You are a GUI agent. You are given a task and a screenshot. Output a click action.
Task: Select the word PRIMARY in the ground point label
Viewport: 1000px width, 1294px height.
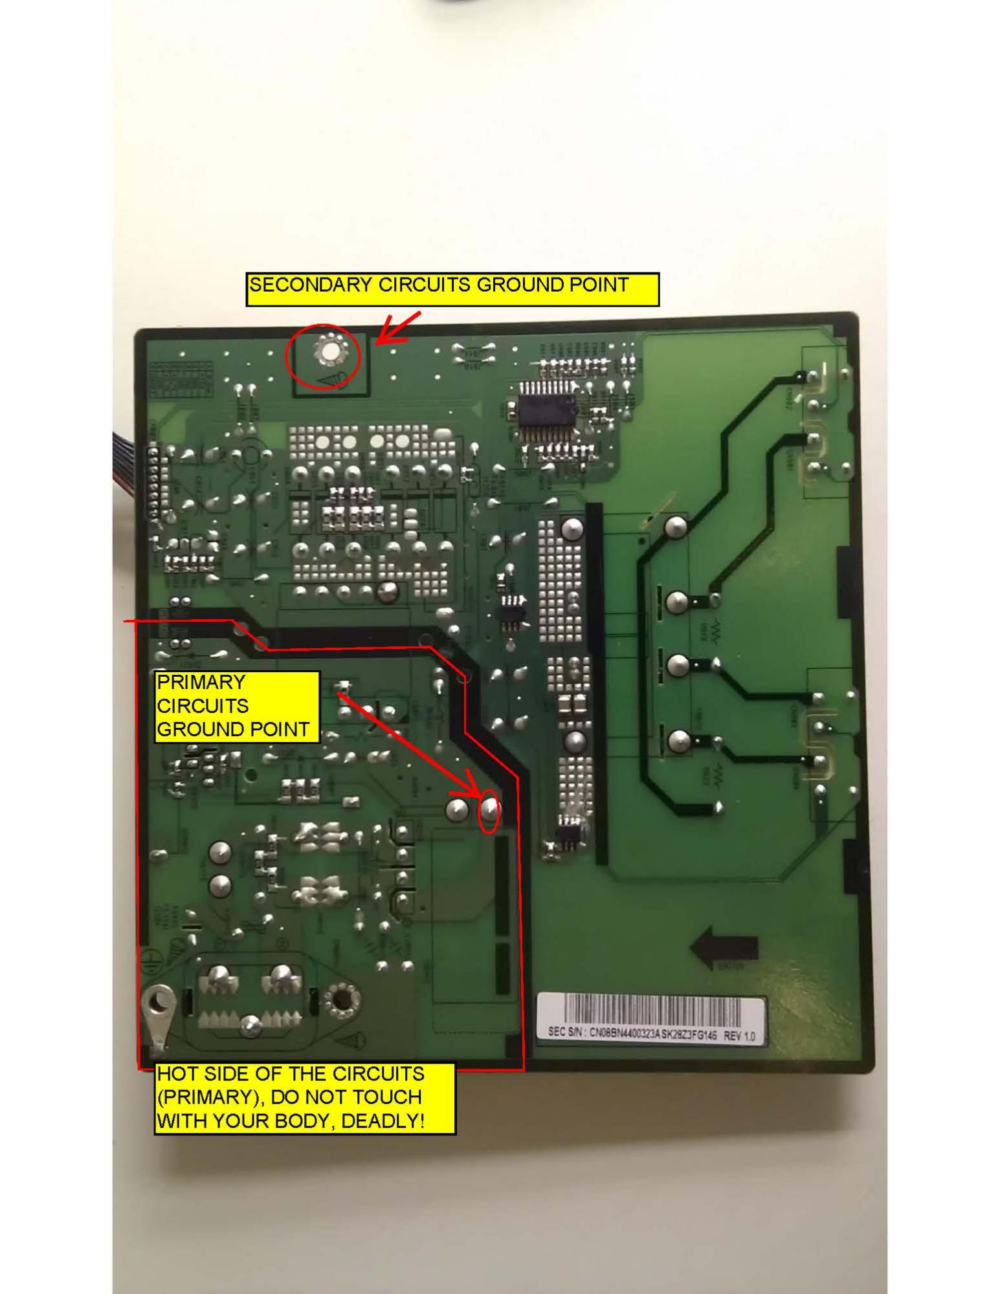pyautogui.click(x=201, y=683)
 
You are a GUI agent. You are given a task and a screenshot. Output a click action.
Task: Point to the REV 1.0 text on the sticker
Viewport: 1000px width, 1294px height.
pyautogui.click(x=739, y=1036)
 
